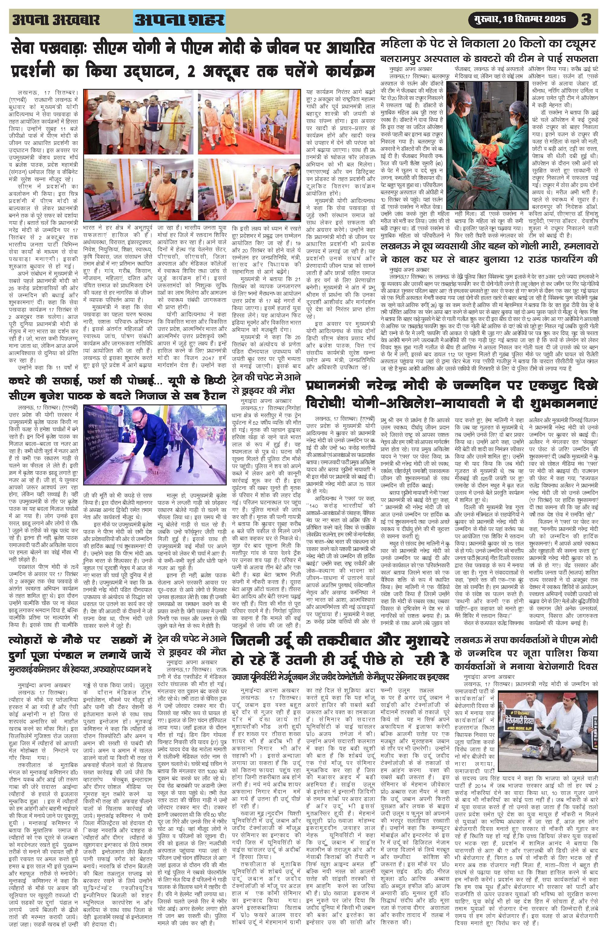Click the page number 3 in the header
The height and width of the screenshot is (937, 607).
click(586, 20)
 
